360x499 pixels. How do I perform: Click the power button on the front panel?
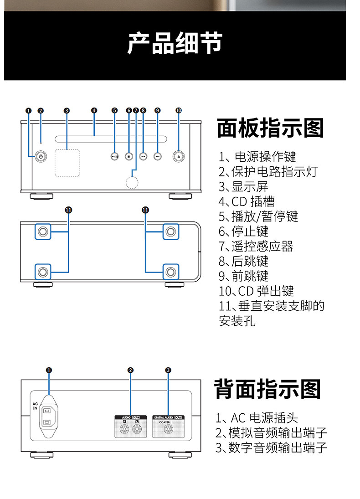point(41,156)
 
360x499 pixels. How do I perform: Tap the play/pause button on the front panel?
point(114,156)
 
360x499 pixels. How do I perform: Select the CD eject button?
point(178,156)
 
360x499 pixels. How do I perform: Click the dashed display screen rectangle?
point(67,162)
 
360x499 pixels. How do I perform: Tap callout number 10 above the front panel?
point(178,110)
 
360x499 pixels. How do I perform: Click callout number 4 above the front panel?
point(94,110)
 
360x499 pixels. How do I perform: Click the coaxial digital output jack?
point(168,429)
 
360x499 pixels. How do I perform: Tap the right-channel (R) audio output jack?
point(123,429)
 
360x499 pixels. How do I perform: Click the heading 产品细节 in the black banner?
point(175,43)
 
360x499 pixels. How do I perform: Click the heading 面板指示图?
point(270,128)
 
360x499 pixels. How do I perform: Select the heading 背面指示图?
point(268,389)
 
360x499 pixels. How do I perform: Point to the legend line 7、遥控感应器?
point(256,247)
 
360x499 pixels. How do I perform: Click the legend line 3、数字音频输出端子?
point(271,448)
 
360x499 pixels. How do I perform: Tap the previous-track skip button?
point(143,156)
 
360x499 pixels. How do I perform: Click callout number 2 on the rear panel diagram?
point(130,370)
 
